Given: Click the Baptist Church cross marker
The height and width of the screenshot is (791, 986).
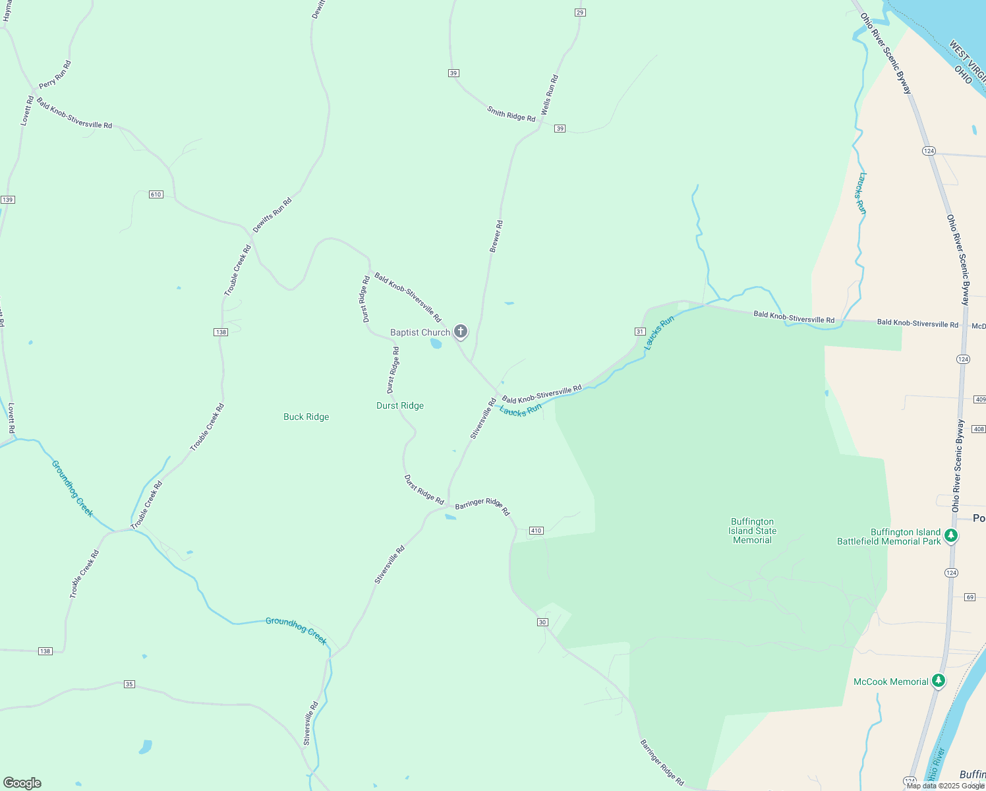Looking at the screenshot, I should coord(461,331).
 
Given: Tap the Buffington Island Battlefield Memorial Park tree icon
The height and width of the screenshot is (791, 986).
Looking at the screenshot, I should coord(950,535).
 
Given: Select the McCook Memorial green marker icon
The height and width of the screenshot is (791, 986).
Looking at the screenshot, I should coord(939,680).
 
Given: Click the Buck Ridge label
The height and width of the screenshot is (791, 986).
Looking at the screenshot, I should coord(306,417).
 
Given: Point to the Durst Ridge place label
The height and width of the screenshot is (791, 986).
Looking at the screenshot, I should coord(400,405).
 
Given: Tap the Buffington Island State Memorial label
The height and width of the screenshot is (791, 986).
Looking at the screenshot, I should coord(752,531).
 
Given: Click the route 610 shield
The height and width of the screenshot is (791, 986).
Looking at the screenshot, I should coord(156,194).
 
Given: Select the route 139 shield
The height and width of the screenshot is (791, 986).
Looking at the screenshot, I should coord(8,200).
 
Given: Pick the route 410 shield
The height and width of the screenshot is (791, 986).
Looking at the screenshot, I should coord(535,531).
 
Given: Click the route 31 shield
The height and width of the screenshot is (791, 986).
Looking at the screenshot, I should coord(639,331).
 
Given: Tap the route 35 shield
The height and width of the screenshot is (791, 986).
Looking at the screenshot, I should coord(129,684).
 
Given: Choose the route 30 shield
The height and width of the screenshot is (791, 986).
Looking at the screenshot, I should coord(542,622).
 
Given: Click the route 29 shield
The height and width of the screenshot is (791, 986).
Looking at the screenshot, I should coord(580,13).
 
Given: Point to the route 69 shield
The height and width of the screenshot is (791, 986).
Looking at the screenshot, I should coord(970,597).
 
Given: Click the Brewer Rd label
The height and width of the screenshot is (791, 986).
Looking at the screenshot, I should coord(496,236).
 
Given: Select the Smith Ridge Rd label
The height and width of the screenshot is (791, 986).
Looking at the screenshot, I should coord(511,113).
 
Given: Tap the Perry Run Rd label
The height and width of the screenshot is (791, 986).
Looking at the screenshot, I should coord(55,74).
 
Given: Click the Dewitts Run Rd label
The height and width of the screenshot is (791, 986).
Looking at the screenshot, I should coord(272,215).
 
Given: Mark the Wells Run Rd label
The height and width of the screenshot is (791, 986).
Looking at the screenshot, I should coord(550,95).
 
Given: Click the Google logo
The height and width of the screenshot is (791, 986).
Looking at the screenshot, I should coord(22,783).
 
